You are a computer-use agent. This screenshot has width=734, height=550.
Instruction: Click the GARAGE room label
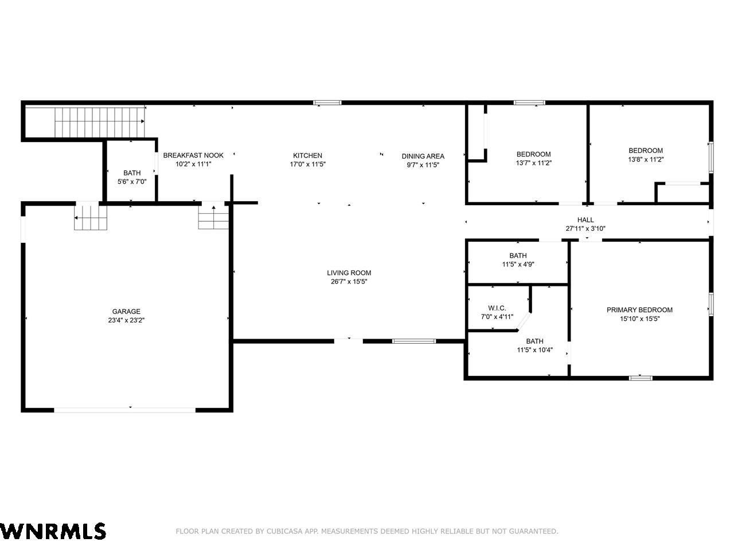point(126,311)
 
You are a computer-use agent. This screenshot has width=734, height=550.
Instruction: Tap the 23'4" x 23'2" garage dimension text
point(126,320)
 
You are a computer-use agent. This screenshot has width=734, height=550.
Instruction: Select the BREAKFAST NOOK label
point(193,155)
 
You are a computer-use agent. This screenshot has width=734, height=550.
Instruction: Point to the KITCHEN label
point(307,155)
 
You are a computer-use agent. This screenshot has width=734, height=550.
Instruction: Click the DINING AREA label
point(423,156)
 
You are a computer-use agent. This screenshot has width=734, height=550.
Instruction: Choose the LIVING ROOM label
point(349,273)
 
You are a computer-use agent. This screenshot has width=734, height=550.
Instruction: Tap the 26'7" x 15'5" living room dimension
point(349,281)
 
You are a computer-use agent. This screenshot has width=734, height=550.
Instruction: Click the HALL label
point(585,220)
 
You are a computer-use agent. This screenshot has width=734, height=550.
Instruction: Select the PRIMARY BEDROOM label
point(640,310)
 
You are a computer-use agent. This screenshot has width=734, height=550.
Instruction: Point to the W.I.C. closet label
point(497,308)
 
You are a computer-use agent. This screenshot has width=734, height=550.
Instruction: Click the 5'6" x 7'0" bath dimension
point(132,182)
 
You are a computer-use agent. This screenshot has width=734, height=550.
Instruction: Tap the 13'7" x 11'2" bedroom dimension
point(534,163)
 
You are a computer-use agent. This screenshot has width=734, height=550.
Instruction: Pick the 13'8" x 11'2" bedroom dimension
point(646,159)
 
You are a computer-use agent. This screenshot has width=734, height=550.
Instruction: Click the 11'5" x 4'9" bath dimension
point(518,264)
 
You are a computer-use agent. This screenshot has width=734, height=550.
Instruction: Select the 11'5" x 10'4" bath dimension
point(534,349)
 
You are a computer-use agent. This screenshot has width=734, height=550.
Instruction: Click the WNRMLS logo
point(53,531)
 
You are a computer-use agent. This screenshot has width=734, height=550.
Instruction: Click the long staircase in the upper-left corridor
point(100,122)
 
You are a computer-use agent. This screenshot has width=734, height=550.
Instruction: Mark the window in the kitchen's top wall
point(327,103)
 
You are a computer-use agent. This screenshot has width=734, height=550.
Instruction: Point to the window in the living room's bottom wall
point(414,341)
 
